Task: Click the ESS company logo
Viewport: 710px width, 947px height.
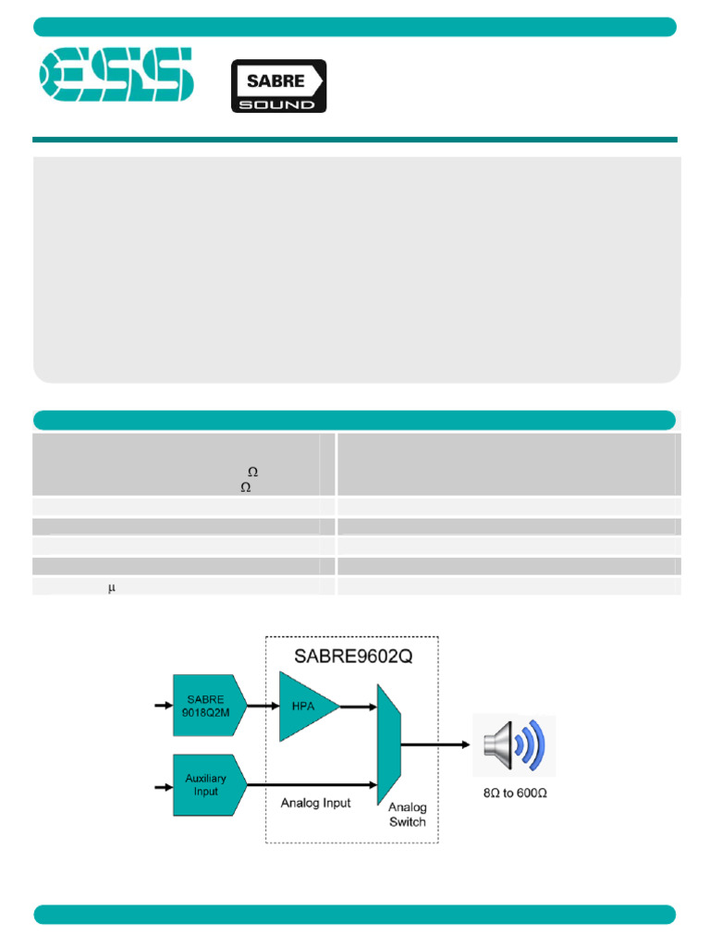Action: click(115, 75)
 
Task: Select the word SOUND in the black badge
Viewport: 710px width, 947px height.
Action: click(277, 104)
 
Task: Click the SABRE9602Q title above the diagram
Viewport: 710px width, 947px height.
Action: click(351, 658)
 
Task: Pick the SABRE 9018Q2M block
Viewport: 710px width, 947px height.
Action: click(205, 705)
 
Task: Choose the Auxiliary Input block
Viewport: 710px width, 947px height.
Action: click(205, 785)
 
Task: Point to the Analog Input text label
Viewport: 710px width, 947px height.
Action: click(316, 803)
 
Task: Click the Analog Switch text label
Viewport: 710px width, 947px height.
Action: click(407, 815)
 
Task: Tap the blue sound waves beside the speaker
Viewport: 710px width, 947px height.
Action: click(533, 744)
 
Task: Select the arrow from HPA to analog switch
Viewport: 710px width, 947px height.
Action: click(358, 707)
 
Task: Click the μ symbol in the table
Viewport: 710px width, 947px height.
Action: click(111, 588)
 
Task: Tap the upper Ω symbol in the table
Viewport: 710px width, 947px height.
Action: click(252, 473)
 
